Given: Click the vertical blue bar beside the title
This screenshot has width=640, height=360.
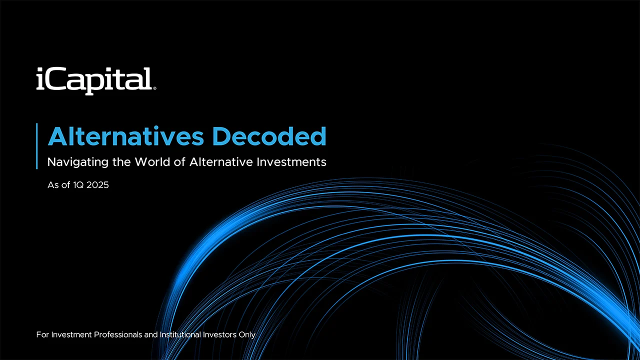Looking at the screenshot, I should point(37,145).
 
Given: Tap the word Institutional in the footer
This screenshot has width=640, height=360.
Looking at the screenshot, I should point(184,334).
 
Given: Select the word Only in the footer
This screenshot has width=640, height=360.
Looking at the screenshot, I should point(247,334).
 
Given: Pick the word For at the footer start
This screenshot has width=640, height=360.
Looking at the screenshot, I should point(42,334).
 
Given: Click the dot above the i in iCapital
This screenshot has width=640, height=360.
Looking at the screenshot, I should point(40,70).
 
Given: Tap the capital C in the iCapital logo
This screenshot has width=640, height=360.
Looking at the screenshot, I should point(56,80).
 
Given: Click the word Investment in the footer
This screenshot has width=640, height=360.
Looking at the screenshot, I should point(70,334).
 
